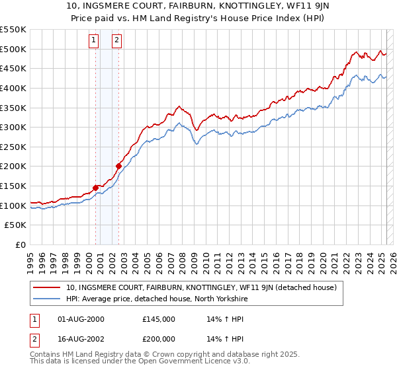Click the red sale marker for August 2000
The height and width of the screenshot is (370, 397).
[95, 188]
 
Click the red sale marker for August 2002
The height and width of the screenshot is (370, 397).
[119, 166]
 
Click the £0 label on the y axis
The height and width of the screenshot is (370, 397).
[21, 245]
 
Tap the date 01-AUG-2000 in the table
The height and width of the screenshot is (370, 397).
[81, 319]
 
